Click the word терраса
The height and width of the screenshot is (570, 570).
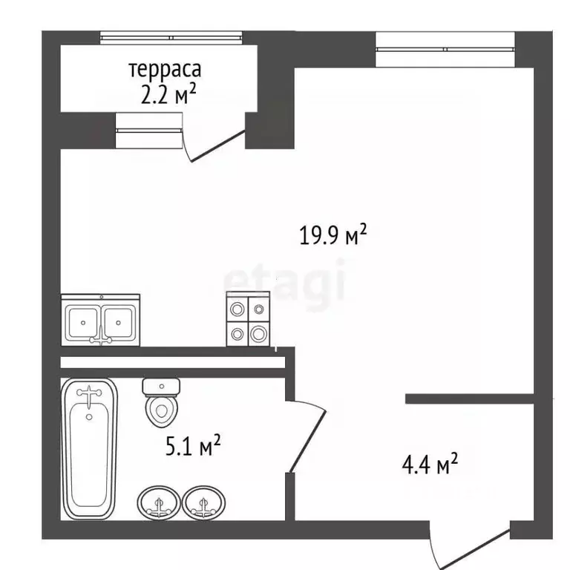[165, 70]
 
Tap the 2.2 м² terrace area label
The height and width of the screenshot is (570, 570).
[168, 94]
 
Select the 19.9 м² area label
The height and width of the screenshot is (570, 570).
[333, 235]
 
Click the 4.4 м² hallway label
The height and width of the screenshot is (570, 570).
[430, 463]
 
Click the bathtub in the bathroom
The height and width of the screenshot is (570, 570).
[89, 449]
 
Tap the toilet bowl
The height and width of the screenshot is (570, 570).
[161, 410]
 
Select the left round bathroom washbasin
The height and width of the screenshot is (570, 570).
[159, 503]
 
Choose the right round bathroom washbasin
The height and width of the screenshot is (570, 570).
[203, 503]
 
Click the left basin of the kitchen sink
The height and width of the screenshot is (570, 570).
[83, 322]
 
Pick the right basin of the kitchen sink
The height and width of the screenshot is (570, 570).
[119, 322]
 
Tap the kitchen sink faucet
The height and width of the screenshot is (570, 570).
[101, 336]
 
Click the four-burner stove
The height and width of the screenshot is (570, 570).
[248, 319]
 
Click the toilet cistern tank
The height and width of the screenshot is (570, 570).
[161, 387]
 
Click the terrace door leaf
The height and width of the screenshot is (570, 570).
[217, 146]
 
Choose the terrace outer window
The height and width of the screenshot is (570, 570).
[171, 38]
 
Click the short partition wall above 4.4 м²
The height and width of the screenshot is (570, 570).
[469, 399]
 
